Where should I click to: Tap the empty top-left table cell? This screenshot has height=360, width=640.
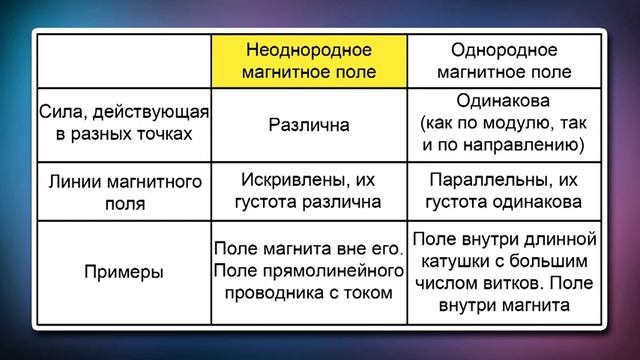pyautogui.click(x=123, y=61)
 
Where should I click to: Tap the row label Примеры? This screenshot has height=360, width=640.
pyautogui.click(x=123, y=271)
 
